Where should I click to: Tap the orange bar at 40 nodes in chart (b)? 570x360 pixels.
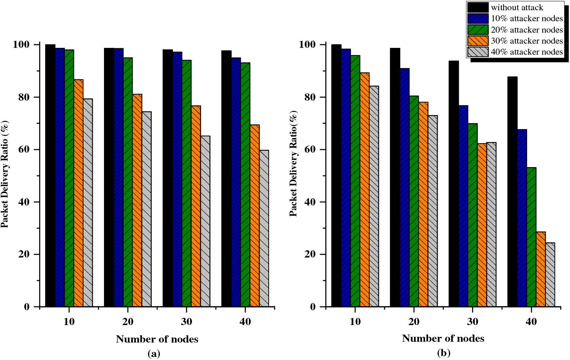541,269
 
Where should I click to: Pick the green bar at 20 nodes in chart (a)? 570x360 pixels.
128,182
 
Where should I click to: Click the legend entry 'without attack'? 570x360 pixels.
517,8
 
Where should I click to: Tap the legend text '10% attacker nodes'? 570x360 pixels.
527,19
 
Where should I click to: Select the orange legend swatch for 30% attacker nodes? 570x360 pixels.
478,41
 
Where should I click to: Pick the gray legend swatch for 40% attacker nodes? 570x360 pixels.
478,52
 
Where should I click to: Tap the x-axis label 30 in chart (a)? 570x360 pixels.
186,322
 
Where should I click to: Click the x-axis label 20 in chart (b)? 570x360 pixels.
414,322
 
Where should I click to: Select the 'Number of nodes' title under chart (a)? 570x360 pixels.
157,339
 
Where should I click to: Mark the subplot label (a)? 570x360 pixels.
154,354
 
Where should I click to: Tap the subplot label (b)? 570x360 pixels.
443,353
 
